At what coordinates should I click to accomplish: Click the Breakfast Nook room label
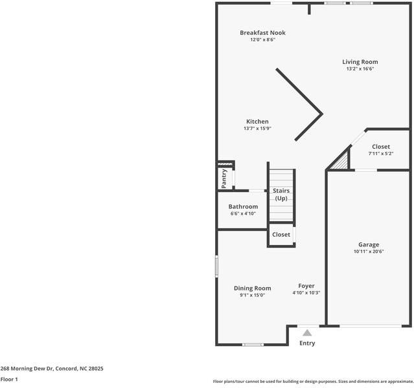pyautogui.click(x=262, y=33)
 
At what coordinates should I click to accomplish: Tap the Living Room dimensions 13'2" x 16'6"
pyautogui.click(x=360, y=69)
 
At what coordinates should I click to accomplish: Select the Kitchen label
pyautogui.click(x=257, y=122)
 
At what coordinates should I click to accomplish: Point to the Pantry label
pyautogui.click(x=224, y=178)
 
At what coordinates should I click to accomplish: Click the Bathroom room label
pyautogui.click(x=243, y=207)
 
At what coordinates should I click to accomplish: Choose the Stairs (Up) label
pyautogui.click(x=281, y=195)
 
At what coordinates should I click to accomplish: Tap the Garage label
pyautogui.click(x=369, y=244)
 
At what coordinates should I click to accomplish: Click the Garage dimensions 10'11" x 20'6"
pyautogui.click(x=369, y=252)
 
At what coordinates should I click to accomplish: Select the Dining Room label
pyautogui.click(x=253, y=288)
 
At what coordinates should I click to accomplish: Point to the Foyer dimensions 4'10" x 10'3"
pyautogui.click(x=306, y=292)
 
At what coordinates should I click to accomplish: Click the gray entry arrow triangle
pyautogui.click(x=307, y=333)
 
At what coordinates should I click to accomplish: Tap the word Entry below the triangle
pyautogui.click(x=307, y=343)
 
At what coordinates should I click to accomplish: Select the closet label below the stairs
pyautogui.click(x=281, y=235)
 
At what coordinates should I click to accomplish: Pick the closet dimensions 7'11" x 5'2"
pyautogui.click(x=381, y=153)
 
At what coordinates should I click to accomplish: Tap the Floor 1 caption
pyautogui.click(x=9, y=380)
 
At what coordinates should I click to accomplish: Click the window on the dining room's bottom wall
pyautogui.click(x=253, y=345)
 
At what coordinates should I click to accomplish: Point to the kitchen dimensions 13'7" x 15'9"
pyautogui.click(x=257, y=129)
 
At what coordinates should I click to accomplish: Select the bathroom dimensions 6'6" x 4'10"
pyautogui.click(x=243, y=213)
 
